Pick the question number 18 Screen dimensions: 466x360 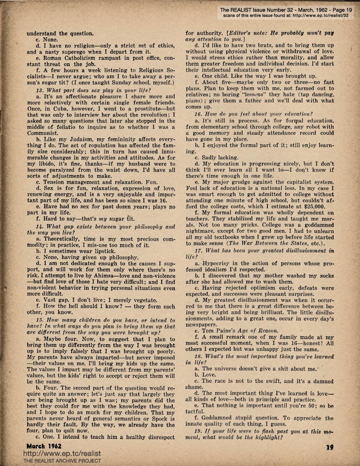tap(198, 355)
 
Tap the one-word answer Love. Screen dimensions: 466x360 tap(210, 374)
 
